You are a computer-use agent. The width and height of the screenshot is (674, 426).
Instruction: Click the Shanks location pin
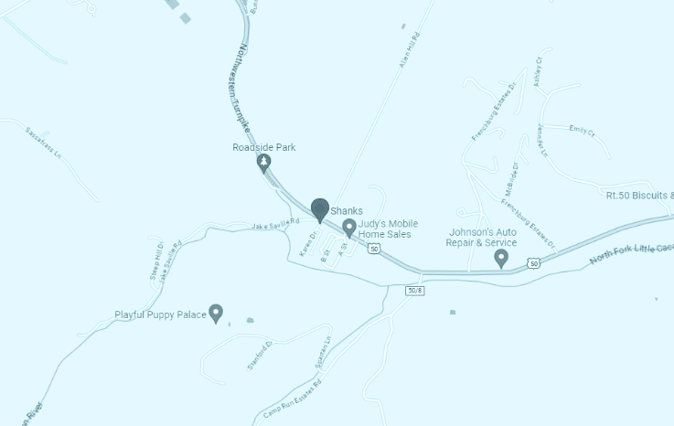tap(319, 210)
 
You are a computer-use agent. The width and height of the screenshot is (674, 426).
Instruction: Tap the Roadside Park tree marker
tap(264, 164)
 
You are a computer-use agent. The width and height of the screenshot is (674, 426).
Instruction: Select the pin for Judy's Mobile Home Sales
tap(348, 227)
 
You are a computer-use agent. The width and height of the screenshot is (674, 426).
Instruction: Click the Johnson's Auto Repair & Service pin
tap(501, 259)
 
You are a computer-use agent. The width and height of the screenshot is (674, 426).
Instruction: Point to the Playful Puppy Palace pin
tap(216, 314)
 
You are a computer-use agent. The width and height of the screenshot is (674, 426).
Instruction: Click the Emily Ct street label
tap(582, 130)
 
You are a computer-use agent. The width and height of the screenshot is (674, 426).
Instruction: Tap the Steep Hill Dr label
tap(155, 261)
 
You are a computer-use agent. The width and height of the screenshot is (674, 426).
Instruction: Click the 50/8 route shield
tap(414, 290)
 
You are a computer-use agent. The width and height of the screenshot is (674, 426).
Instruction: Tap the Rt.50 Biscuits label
tap(639, 195)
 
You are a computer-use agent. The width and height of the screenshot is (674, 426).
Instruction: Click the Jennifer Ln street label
tap(542, 139)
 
